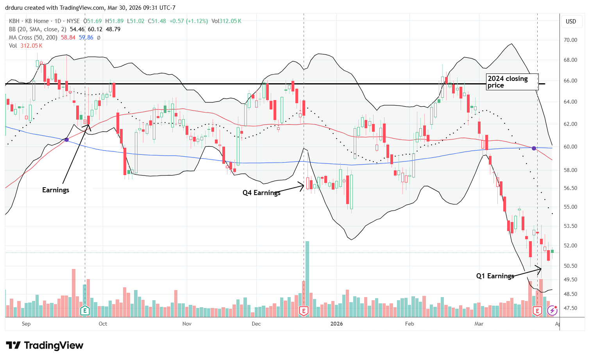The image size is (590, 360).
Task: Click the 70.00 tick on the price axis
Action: [570, 40]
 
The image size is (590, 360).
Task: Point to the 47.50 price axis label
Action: [570, 308]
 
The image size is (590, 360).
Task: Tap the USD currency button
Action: [571, 21]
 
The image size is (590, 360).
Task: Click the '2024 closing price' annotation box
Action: [512, 82]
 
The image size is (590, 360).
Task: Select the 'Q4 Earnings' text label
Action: [261, 192]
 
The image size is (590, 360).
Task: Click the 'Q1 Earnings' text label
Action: [495, 276]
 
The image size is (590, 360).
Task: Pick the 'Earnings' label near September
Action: [55, 190]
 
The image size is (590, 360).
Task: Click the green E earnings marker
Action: [85, 311]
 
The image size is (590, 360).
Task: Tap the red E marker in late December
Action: [304, 311]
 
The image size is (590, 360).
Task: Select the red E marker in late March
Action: [537, 311]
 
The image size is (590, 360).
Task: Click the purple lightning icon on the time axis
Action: [552, 311]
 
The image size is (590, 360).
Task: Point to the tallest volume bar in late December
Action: [308, 274]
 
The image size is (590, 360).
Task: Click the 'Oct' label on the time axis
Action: [103, 324]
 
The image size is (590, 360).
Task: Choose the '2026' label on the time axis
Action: [336, 324]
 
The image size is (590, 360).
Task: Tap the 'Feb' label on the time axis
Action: [409, 324]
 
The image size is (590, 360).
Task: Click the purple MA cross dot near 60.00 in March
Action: [534, 148]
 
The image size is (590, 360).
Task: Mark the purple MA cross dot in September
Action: [66, 140]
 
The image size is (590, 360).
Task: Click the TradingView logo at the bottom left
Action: [45, 346]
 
